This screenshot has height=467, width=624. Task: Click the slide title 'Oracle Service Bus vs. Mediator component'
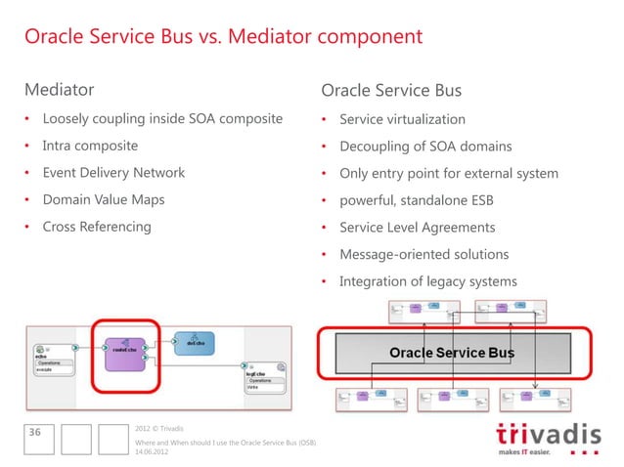223,37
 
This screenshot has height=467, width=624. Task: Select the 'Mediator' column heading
60,91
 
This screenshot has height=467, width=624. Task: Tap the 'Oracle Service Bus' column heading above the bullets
391,91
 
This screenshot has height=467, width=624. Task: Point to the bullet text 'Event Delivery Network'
113,173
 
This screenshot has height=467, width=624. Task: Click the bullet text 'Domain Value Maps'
104,199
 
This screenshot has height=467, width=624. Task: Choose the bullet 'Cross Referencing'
97,227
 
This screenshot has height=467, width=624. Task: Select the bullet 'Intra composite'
90,146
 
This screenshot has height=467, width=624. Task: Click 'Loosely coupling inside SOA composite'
162,119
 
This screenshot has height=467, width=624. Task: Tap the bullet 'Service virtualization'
402,119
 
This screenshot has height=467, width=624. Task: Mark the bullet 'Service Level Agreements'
417,228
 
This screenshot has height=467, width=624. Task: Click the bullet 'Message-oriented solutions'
423,254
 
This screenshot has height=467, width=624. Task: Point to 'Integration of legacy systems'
428,281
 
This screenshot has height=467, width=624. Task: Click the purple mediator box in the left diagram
124,355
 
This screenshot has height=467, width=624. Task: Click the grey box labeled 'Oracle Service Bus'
452,352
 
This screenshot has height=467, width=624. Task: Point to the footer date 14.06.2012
153,454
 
